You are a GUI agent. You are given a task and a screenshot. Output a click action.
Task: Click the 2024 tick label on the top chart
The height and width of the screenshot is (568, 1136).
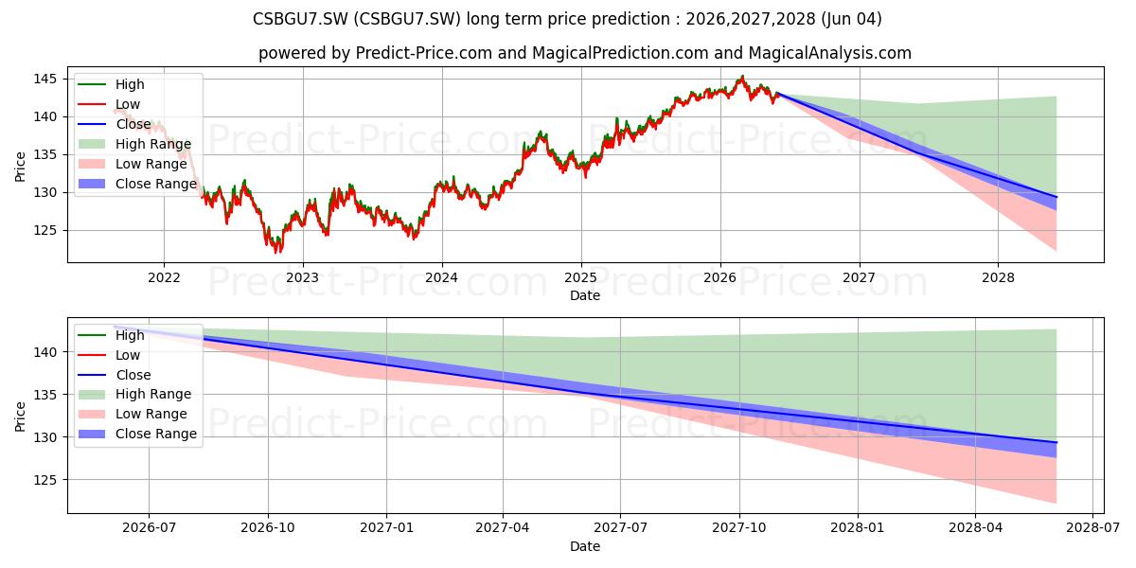442,278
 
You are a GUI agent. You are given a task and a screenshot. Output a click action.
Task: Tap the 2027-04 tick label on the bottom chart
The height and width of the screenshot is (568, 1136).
502,528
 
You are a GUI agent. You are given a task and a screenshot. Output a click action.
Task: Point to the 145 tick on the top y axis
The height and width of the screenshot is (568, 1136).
45,79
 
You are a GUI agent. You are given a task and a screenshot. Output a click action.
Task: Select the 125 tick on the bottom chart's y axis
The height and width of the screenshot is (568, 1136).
45,480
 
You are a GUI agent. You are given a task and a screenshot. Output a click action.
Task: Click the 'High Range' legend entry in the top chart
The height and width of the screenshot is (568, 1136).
134,144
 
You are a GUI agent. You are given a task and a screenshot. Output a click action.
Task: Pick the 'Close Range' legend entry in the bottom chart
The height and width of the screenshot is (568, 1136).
137,434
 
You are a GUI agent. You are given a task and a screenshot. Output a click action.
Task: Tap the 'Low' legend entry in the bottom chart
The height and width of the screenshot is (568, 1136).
109,355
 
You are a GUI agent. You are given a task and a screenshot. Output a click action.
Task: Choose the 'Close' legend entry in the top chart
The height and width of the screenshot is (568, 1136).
115,124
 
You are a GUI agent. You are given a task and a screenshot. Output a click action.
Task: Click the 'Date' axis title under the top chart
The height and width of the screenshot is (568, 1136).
585,295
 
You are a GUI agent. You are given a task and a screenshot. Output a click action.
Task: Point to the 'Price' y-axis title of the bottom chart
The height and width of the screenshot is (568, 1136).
20,417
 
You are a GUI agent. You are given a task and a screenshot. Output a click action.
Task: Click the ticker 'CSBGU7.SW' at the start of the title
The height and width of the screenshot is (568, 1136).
300,19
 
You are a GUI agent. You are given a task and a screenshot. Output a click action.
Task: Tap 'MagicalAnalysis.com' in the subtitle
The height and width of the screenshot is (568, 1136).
829,53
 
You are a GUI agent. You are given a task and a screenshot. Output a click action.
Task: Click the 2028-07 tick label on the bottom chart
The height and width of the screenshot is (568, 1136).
1092,528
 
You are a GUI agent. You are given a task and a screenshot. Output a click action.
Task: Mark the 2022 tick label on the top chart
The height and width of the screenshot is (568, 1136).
164,278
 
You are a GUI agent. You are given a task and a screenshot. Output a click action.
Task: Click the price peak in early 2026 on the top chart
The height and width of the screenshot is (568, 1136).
742,76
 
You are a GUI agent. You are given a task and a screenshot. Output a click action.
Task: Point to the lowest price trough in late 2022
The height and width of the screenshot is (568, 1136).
276,252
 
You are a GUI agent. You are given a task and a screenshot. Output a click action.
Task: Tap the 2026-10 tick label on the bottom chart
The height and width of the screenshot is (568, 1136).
268,528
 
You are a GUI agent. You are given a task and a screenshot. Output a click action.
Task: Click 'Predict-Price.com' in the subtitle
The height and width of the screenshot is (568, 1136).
423,53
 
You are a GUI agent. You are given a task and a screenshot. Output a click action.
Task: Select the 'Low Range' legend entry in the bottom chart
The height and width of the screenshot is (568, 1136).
133,414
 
